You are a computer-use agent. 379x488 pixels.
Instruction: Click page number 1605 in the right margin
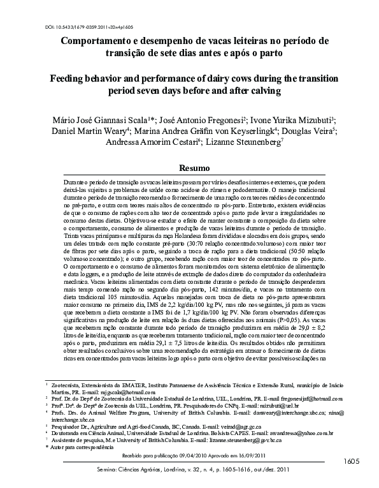[357, 461]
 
